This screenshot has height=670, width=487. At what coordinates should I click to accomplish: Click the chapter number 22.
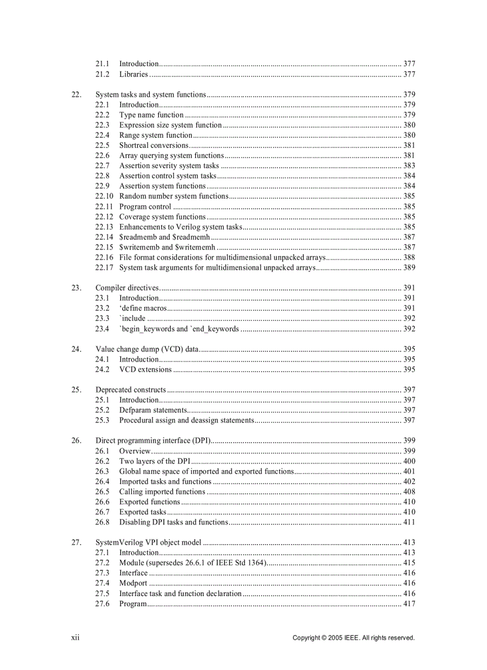pos(76,94)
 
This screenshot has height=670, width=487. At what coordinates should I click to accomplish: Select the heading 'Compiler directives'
pos(127,288)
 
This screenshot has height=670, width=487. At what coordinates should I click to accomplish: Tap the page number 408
pos(409,492)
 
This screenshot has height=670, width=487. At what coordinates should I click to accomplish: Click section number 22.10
pos(104,196)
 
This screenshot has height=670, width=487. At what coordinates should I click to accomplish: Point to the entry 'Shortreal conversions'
pos(153,145)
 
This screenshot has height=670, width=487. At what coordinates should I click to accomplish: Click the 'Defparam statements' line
pos(153,410)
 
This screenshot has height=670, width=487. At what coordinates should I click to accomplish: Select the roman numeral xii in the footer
pos(75,637)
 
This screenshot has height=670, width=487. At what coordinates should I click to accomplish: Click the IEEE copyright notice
pos(353,638)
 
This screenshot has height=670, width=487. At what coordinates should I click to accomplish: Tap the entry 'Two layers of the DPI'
pos(155,461)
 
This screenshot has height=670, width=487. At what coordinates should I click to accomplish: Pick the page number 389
pos(409,267)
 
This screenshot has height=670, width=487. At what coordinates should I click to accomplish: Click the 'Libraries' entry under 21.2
pos(133,74)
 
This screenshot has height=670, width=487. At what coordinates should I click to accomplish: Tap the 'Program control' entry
pos(145,206)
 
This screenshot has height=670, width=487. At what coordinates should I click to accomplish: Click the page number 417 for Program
pos(409,604)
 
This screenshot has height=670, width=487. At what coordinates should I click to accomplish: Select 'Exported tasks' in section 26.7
pos(143,512)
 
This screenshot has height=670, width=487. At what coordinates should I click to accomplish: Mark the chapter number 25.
pos(76,390)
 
